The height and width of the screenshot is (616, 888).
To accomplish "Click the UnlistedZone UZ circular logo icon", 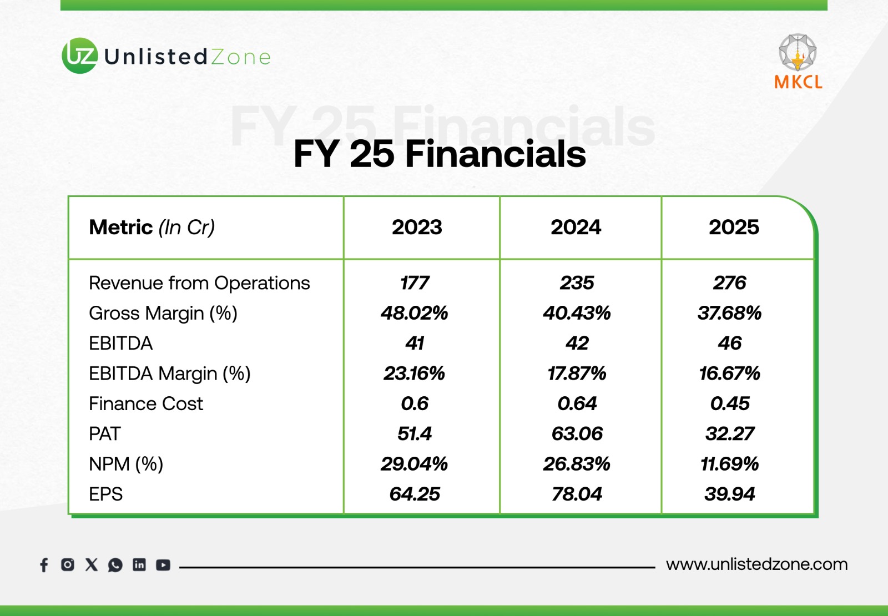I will click(80, 55).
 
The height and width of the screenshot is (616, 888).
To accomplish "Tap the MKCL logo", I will click(798, 62).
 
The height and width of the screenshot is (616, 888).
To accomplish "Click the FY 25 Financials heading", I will click(440, 154).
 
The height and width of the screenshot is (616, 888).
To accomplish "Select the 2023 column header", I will click(417, 228).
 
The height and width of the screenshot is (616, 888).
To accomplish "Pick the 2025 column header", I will click(734, 228).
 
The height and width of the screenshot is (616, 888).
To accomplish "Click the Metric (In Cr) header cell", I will click(152, 228).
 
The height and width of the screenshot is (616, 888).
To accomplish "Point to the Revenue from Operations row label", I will click(199, 283).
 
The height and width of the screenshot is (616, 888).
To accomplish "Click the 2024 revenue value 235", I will click(577, 283).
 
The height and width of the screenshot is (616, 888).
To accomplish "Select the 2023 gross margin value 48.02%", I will click(415, 313).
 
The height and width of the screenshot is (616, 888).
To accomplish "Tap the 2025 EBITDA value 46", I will click(729, 343).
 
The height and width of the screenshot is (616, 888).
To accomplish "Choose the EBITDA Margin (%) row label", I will click(170, 373).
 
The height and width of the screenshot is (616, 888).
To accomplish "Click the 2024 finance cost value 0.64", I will click(577, 403).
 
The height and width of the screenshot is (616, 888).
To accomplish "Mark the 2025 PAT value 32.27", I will click(730, 433).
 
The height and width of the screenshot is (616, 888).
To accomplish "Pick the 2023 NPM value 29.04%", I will click(415, 464).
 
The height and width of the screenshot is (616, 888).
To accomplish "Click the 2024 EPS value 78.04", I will click(577, 494).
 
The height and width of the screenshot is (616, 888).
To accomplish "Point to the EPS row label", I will click(106, 494).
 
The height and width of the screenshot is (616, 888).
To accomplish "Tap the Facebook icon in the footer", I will click(44, 565).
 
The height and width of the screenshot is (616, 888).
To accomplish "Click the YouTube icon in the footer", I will click(163, 565).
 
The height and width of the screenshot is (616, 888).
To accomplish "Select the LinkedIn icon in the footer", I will click(139, 565).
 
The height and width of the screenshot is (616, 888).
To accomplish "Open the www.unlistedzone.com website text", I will click(756, 564).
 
